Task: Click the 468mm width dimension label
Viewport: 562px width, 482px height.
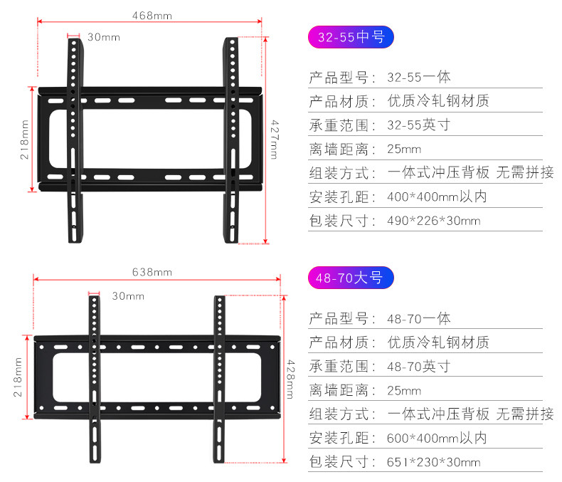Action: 152,15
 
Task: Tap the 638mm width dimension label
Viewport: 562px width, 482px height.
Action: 152,272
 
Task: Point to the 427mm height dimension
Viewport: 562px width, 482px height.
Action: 274,140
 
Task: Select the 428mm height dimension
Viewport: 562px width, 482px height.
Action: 290,379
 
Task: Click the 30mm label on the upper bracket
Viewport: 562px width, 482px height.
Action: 104,37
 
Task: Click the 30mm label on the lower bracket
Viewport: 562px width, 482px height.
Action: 128,295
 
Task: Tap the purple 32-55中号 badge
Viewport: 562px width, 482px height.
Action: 350,37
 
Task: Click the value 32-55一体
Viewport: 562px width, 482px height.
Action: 419,77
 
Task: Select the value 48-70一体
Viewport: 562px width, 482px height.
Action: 419,318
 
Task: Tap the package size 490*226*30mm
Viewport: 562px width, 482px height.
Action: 434,221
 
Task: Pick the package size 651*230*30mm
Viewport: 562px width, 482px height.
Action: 434,462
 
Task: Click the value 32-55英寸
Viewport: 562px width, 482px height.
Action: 419,125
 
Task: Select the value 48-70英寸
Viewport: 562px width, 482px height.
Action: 419,367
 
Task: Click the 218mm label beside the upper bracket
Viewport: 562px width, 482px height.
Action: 24,140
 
